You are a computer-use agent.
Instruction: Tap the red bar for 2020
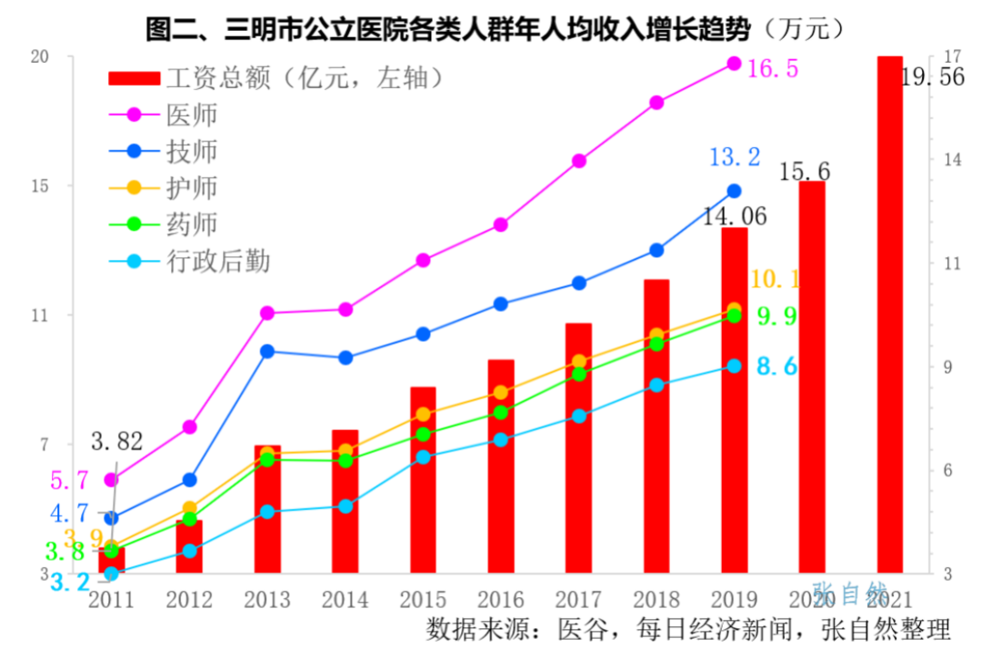812,377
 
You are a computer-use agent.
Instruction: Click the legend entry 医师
192,115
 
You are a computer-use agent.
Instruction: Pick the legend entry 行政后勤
218,262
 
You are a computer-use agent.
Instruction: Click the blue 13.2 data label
734,157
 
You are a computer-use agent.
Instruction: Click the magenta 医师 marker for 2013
267,314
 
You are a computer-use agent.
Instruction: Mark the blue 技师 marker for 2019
734,191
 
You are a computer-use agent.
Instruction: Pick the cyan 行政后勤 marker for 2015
423,457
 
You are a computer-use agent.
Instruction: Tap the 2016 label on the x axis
500,600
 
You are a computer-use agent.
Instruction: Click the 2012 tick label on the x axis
189,600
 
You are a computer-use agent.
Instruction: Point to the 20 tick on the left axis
39,56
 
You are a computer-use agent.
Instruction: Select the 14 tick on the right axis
953,160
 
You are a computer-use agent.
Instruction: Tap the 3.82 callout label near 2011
117,443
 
